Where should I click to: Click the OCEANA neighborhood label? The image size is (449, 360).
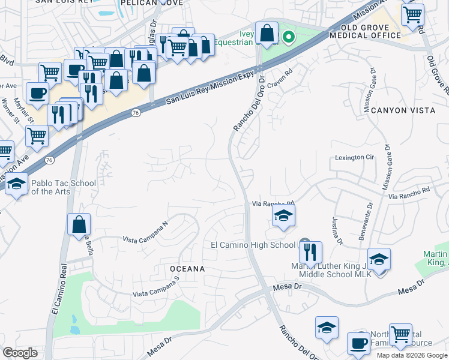(x=187, y=269)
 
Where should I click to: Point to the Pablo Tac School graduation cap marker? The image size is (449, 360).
(x=16, y=185)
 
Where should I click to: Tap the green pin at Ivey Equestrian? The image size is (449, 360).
(x=288, y=37)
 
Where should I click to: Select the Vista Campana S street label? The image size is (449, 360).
(x=156, y=288)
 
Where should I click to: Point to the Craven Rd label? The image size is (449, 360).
(x=279, y=86)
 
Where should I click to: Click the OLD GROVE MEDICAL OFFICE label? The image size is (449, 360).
(x=370, y=31)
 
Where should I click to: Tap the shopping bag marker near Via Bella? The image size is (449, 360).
(x=79, y=226)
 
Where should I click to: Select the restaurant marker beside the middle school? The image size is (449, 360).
(x=310, y=253)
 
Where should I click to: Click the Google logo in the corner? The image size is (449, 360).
(x=20, y=353)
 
